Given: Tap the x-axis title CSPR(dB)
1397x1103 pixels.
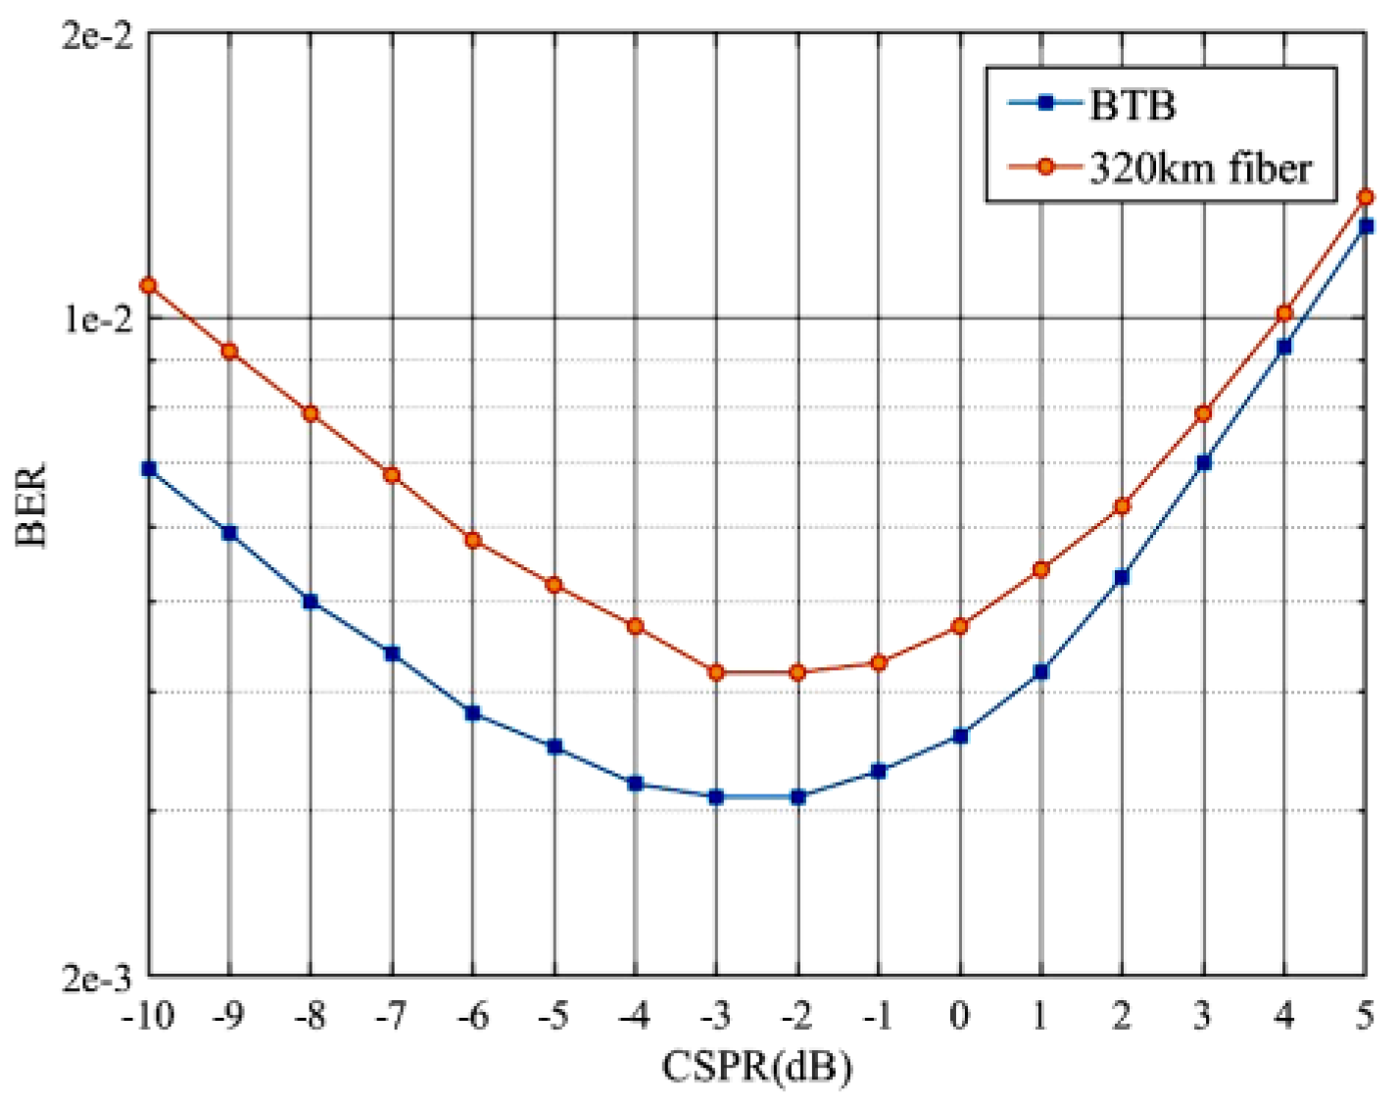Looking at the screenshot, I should [756, 1066].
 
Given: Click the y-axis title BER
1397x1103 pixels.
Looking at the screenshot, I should [31, 505].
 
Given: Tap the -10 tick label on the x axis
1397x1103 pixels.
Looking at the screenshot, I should [148, 1016].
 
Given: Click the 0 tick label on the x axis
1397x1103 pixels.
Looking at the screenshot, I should [959, 1016].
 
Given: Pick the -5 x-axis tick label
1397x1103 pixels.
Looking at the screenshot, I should [554, 1016].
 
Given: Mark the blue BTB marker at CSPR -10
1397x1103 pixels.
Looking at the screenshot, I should [149, 469].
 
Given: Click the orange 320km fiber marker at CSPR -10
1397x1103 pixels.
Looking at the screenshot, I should [148, 286].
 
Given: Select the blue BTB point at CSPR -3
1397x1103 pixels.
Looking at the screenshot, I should [716, 797].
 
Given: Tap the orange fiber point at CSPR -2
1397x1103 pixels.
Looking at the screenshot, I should [797, 672].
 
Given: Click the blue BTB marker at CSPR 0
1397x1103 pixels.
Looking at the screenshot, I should [960, 736].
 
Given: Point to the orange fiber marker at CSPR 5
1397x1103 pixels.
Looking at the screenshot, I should [1366, 198].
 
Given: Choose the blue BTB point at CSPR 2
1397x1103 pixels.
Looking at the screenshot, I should [1122, 578].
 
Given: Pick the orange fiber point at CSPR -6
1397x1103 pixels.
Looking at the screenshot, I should [473, 540].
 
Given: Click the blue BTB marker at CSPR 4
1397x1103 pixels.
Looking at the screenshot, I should [1284, 347].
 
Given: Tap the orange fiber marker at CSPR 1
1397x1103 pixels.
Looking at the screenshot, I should [1041, 569].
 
